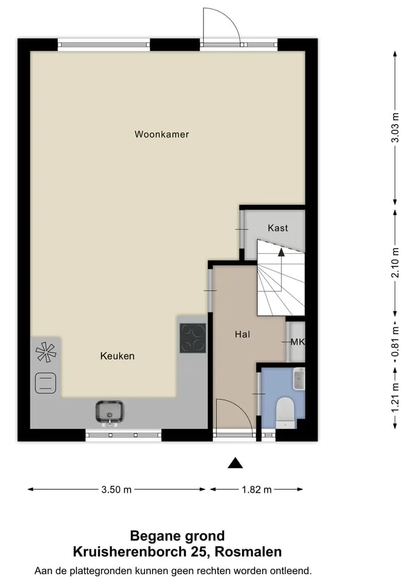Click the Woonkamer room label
click(x=162, y=134)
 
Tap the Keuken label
click(x=117, y=356)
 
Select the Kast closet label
click(x=278, y=228)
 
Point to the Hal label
click(x=242, y=334)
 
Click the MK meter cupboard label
click(x=298, y=342)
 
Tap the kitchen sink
click(x=110, y=412)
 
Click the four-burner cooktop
click(x=193, y=338)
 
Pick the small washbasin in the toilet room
click(x=299, y=379)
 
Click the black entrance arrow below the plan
click(x=235, y=463)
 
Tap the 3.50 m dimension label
click(x=116, y=489)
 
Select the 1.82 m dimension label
click(x=257, y=489)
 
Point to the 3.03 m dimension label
click(x=395, y=127)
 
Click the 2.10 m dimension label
click(x=395, y=262)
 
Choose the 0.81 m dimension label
click(x=395, y=341)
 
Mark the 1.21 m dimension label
click(x=395, y=398)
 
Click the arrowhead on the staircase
click(x=281, y=252)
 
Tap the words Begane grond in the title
click(x=177, y=536)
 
